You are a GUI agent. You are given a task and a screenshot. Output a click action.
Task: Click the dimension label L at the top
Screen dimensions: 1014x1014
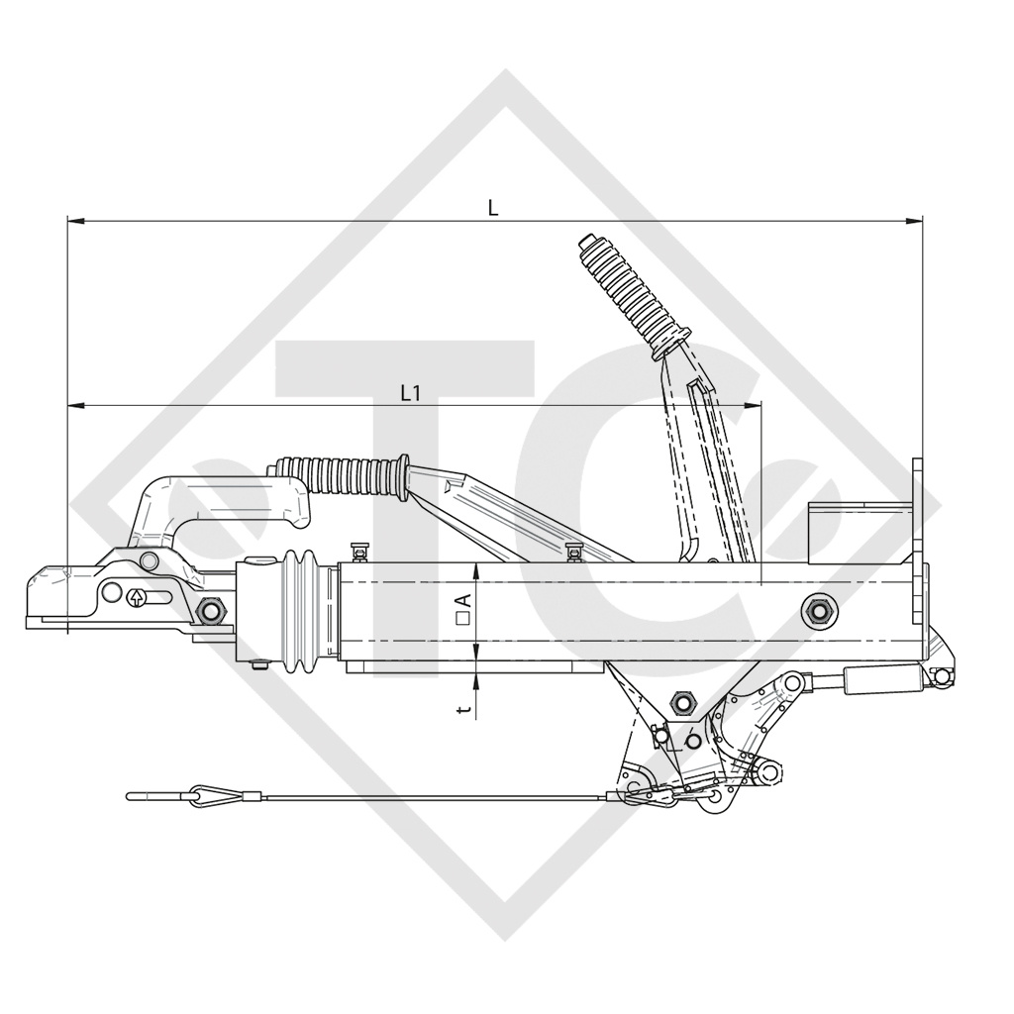click(493, 208)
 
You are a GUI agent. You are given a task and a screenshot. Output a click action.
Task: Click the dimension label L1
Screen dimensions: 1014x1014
click(411, 393)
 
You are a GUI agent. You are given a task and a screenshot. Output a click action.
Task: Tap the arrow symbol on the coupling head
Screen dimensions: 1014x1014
click(135, 597)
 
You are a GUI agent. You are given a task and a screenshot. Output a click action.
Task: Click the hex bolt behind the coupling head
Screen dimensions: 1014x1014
click(210, 610)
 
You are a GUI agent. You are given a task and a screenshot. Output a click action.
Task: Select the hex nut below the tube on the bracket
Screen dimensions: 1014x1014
click(681, 702)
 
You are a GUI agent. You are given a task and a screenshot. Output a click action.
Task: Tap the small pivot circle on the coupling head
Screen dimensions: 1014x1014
click(150, 562)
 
